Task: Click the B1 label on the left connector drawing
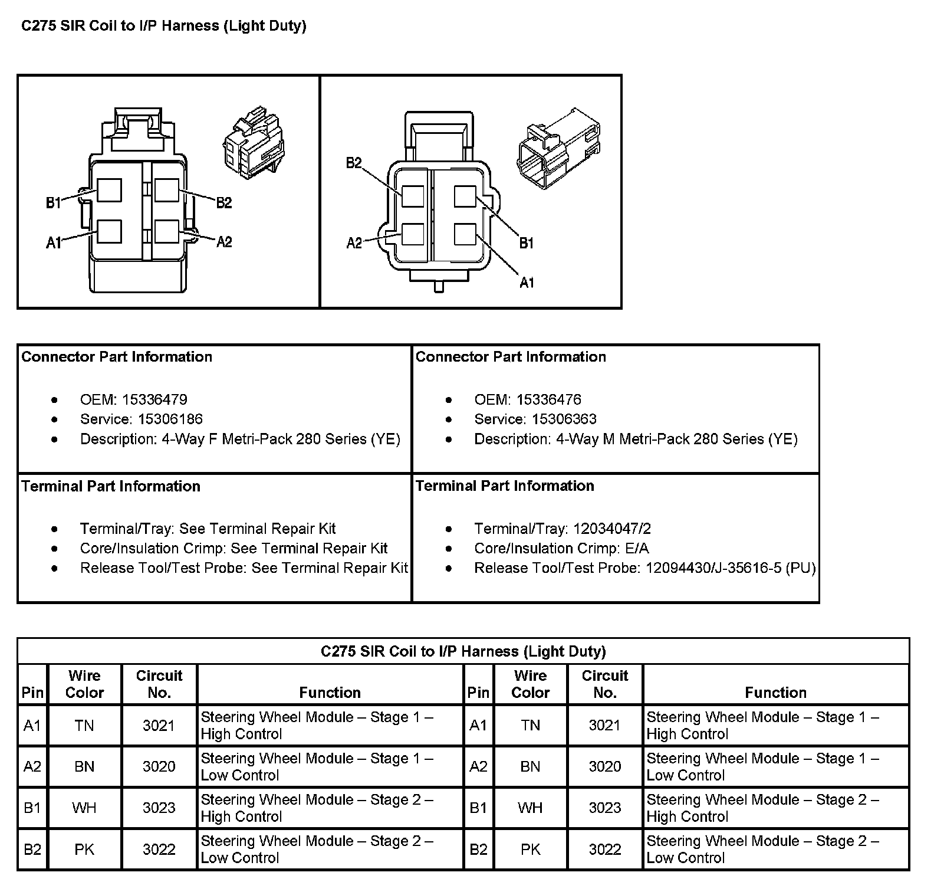coord(54,204)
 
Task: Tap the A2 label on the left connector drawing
coord(224,242)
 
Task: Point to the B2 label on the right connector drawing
coord(354,163)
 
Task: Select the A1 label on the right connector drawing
coord(527,283)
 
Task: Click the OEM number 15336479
coord(154,400)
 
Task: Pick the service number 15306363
coord(564,419)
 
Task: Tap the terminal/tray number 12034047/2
coord(612,529)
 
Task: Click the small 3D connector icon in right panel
coord(557,148)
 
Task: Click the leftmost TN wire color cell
coord(84,726)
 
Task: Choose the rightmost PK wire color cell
coord(530,850)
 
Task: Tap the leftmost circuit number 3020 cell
coord(159,767)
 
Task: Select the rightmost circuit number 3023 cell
coord(604,808)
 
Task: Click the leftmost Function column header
coord(330,693)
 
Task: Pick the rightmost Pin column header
coord(478,693)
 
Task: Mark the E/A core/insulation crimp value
coord(636,549)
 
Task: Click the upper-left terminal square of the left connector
coord(110,190)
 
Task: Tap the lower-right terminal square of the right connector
coord(465,234)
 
